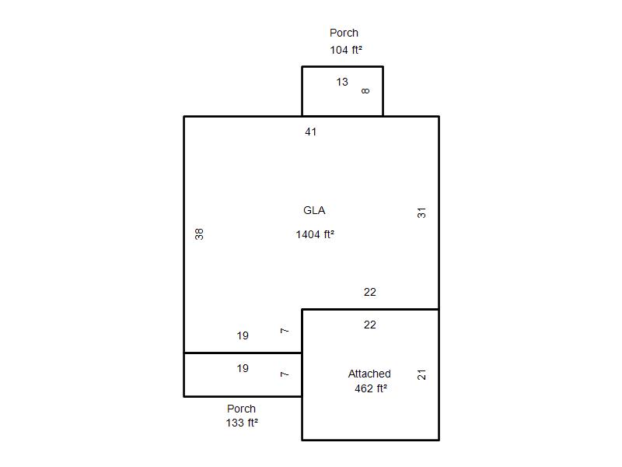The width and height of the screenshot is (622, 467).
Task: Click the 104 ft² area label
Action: (x=346, y=50)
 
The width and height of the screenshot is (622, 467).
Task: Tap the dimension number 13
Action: (x=342, y=82)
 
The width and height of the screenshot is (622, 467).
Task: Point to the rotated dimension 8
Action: (x=365, y=91)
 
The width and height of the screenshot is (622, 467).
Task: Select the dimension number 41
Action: (x=310, y=132)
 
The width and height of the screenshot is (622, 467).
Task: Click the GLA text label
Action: (x=314, y=210)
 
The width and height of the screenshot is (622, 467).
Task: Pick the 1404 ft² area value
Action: (x=315, y=234)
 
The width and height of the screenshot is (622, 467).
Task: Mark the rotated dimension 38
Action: (x=199, y=234)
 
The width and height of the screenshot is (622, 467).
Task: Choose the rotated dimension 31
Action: (x=421, y=212)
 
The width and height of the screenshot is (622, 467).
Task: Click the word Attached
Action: (x=369, y=374)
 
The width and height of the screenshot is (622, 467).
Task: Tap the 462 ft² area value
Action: (x=371, y=388)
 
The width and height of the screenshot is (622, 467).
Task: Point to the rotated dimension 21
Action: (x=421, y=374)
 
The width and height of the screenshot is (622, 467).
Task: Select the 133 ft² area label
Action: (x=242, y=423)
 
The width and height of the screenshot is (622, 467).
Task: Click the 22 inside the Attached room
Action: (x=370, y=325)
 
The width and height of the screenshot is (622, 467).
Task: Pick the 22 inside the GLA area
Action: (x=370, y=293)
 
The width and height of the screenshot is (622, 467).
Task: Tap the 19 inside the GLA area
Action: (x=243, y=336)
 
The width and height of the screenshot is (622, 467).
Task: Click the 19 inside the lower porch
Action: (x=243, y=368)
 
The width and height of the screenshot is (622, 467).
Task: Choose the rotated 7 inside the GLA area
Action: (x=285, y=331)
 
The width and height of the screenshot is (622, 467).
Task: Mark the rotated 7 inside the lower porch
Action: (x=285, y=374)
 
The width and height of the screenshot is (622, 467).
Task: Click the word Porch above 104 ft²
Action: (x=344, y=33)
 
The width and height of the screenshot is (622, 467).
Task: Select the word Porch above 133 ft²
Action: (x=241, y=409)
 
